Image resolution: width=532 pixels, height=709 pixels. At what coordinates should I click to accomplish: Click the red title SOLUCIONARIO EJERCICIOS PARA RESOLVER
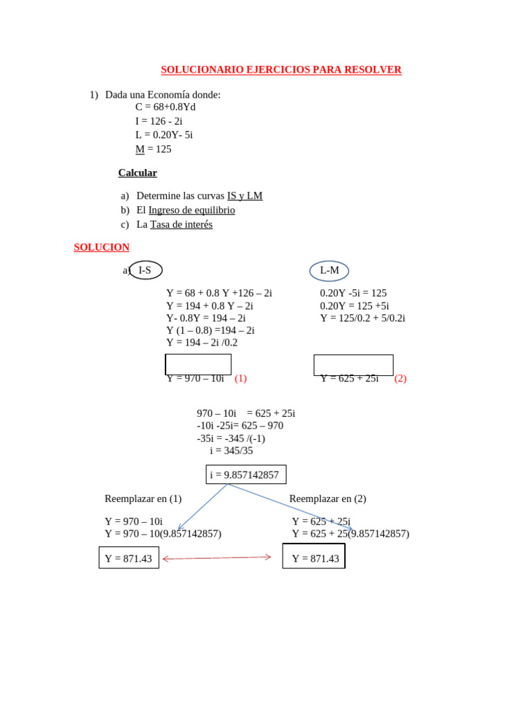[281, 70]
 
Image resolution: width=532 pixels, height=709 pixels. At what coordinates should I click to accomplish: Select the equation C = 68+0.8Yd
[166, 107]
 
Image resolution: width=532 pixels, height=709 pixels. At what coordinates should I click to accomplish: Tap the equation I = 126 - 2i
[159, 121]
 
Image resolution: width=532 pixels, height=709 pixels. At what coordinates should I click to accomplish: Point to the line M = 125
[153, 149]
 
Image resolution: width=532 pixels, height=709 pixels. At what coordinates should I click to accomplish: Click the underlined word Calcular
[137, 173]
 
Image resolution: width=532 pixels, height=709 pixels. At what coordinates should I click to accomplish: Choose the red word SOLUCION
[101, 247]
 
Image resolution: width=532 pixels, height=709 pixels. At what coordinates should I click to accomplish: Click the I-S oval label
[145, 270]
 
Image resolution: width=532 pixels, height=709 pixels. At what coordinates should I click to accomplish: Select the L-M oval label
[329, 271]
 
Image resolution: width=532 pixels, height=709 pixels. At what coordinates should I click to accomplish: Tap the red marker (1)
[240, 378]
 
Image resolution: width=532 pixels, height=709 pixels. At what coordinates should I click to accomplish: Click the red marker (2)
[400, 378]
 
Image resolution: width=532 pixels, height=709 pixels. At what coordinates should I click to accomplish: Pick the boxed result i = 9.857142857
[245, 475]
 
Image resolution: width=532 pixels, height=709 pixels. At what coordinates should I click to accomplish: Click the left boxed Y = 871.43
[129, 558]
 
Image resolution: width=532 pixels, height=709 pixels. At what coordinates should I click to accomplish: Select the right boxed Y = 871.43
[314, 558]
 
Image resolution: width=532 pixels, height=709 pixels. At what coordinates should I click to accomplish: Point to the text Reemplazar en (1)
[143, 499]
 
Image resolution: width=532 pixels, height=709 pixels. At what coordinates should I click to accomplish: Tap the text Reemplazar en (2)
[328, 499]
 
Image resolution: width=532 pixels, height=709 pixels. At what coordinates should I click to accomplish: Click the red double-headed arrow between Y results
[217, 557]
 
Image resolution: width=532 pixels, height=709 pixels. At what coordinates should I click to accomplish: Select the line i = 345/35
[231, 451]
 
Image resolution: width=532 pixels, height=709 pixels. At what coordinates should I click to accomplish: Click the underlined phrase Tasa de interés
[181, 224]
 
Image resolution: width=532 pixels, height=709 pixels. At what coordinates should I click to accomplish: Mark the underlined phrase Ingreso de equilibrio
[192, 210]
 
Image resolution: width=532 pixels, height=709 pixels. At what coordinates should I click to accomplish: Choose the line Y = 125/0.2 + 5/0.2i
[362, 318]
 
